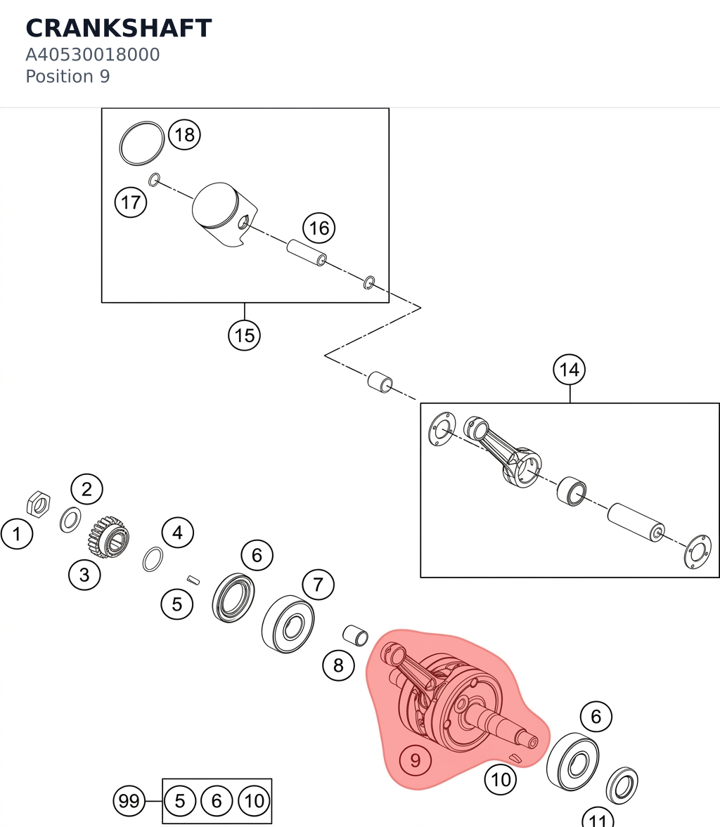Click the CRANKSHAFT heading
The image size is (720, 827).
coord(119,28)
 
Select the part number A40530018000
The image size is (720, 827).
coord(92,54)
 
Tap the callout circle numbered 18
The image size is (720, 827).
coord(185,135)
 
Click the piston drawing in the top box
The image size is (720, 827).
coord(224,214)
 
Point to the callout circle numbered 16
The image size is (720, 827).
coord(319,228)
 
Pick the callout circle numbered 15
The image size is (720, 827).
coord(245,335)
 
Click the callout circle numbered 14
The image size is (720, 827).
coord(570,369)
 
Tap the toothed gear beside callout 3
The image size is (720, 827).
coord(109,537)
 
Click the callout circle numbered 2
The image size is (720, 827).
coord(87,490)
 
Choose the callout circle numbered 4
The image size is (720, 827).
coord(177,533)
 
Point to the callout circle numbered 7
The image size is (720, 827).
coord(319,585)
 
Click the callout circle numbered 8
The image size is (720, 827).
coord(338,665)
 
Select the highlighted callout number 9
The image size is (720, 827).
coord(416,760)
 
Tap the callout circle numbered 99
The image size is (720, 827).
coord(129,800)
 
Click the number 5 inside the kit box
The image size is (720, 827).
coord(179,800)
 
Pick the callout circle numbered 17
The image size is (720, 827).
coord(131,202)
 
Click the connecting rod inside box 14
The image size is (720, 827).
coord(503,452)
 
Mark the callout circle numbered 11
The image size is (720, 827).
coord(598,819)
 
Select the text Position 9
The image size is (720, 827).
coord(67,77)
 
